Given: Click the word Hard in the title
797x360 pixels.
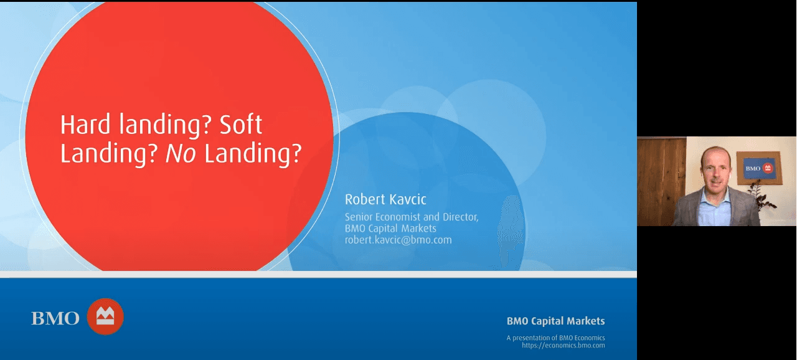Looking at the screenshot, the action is pos(85,125).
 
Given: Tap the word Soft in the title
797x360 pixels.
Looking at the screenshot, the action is pos(240,125).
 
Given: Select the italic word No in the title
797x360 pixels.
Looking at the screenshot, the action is pos(181,153).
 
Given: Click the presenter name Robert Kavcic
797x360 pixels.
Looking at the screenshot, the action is pos(385,199).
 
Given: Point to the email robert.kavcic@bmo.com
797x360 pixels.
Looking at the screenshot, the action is pos(398,240).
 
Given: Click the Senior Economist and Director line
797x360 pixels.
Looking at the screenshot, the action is pos(412,217).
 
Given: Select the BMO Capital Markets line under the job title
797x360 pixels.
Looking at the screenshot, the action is pos(390,229).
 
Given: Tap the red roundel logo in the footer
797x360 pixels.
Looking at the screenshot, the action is pos(105,316).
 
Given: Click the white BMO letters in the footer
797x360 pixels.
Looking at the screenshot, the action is pos(55,318).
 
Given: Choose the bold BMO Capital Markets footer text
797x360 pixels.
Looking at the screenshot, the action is pos(556,321).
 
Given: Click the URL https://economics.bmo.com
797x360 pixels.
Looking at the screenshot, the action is pos(564,346).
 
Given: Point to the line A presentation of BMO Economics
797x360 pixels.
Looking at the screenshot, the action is pos(556,338).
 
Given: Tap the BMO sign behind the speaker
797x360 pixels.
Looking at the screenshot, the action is pos(758,168).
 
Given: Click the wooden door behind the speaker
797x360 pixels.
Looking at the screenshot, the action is pos(662,181).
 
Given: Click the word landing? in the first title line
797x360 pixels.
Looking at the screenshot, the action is pos(165,125).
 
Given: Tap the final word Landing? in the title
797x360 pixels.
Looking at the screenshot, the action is pos(253,154).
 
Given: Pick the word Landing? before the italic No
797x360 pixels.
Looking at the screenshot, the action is pos(109,154).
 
